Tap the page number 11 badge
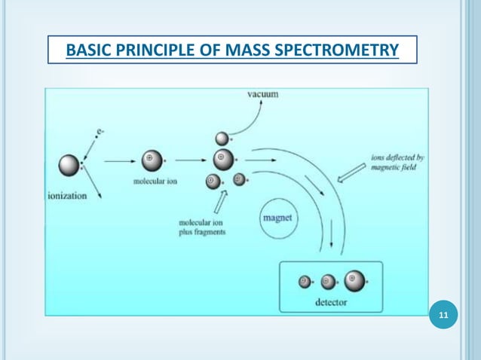click(443, 315)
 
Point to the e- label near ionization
click(99, 133)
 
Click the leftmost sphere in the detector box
click(305, 282)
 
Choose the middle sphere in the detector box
click(327, 282)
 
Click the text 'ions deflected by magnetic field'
click(398, 163)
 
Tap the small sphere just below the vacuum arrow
click(222, 138)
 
